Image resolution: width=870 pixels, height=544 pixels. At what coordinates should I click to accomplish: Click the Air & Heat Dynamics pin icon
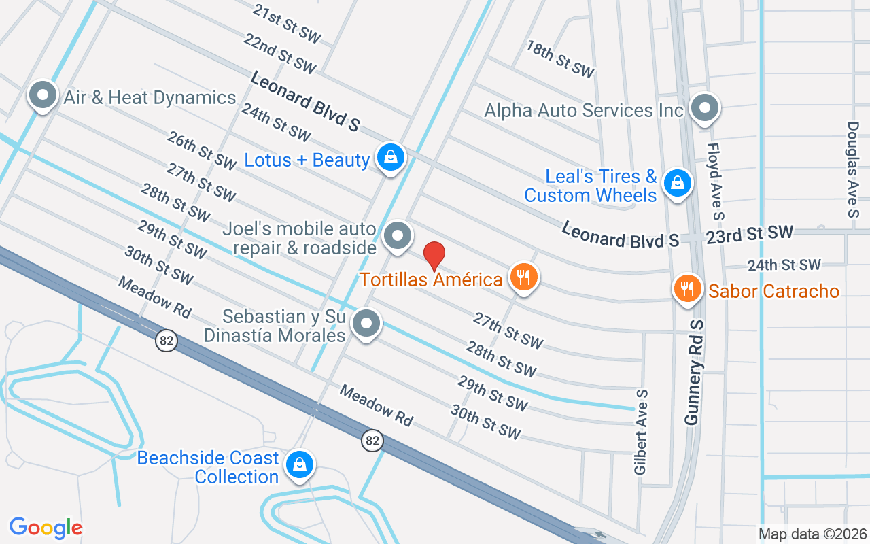click(43, 96)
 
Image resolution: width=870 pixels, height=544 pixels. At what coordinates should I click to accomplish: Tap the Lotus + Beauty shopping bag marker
click(391, 158)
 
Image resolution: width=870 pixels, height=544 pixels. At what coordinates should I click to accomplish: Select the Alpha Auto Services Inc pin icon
click(704, 107)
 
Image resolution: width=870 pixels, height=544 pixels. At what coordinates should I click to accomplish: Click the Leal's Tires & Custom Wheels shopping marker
click(677, 183)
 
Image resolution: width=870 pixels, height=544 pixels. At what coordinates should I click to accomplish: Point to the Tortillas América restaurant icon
click(523, 277)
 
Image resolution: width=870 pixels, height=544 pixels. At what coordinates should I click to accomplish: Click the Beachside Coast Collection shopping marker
click(298, 465)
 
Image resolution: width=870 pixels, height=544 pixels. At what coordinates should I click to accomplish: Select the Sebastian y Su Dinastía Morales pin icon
click(367, 324)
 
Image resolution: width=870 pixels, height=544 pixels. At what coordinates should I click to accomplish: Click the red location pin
click(434, 256)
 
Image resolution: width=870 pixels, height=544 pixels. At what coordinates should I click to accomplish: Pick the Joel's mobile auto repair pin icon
click(398, 236)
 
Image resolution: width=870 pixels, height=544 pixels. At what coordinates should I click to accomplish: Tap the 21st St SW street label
click(286, 23)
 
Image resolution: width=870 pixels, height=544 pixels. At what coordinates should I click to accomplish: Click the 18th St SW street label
click(560, 58)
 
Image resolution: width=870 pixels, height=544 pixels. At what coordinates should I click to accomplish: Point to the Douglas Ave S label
click(854, 169)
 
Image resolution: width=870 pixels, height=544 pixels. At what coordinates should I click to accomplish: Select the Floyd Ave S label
click(714, 181)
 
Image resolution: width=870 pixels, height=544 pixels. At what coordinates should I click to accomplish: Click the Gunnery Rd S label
click(693, 373)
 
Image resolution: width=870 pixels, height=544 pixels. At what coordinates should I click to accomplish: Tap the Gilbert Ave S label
click(641, 432)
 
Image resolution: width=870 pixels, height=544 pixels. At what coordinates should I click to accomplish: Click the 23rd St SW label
click(754, 234)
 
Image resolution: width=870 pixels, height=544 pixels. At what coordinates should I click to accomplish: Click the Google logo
click(46, 528)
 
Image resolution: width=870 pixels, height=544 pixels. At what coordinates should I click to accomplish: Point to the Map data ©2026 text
click(812, 534)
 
